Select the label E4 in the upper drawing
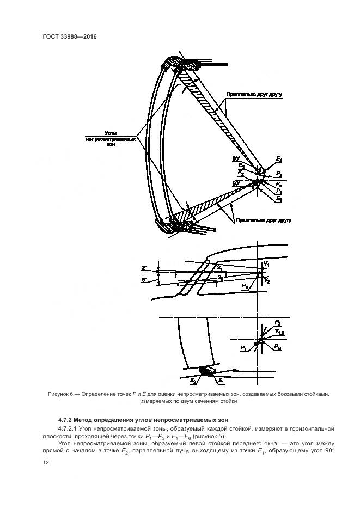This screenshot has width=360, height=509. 279,159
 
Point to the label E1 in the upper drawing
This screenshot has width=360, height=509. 279,200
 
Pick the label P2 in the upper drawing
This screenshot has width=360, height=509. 279,174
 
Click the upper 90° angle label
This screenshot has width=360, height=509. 236,158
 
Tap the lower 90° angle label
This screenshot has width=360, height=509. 236,184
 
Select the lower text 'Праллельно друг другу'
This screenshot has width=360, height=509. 263,220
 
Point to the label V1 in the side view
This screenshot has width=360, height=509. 266,265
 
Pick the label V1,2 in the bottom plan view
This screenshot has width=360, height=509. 280,332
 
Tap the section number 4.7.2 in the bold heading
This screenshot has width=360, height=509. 66,420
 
